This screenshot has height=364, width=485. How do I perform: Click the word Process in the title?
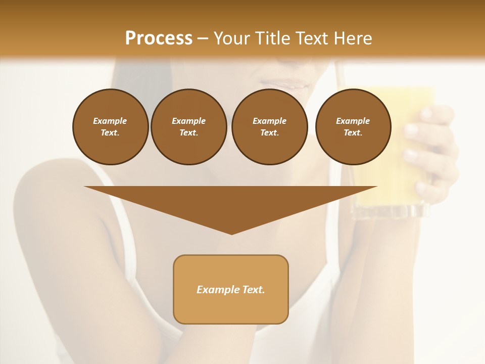[x=159, y=38]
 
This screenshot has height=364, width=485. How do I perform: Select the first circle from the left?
[x=110, y=127]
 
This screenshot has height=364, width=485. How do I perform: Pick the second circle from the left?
[x=188, y=127]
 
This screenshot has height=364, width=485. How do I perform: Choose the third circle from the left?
[x=269, y=127]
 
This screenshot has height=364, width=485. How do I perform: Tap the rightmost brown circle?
[x=353, y=127]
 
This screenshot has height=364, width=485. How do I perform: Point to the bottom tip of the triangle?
[x=231, y=233]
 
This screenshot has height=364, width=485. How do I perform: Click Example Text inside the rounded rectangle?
[x=231, y=290]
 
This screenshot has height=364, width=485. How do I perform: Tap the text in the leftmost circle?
[x=110, y=127]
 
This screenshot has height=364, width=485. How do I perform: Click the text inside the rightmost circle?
[x=353, y=127]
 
